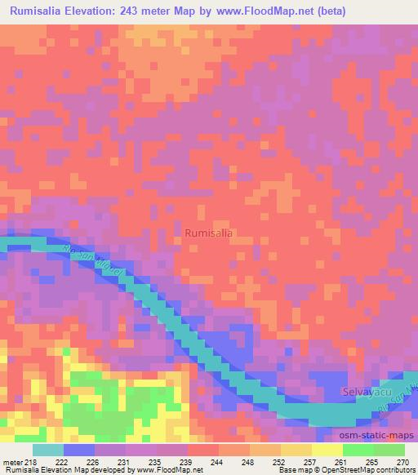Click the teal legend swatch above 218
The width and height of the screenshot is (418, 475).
47,450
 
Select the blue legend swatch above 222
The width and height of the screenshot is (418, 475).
79,450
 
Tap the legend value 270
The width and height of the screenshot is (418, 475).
402,462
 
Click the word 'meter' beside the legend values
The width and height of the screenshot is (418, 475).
14,462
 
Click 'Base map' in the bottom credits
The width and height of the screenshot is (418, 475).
292,471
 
